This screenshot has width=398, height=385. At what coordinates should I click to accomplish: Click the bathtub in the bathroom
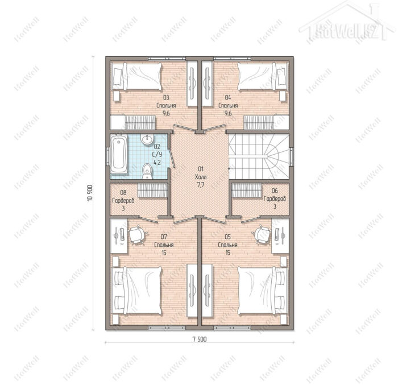[119, 154]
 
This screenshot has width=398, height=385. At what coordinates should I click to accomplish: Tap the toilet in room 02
[147, 171]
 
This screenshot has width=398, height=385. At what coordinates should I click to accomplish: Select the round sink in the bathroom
[147, 139]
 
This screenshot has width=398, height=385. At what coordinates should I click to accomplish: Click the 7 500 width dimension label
[200, 340]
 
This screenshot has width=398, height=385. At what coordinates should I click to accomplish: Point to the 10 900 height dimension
[90, 193]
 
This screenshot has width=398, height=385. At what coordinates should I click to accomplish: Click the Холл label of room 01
[201, 177]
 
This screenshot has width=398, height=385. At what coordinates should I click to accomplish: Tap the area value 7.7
[201, 185]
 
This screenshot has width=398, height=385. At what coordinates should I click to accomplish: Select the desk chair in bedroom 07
[138, 235]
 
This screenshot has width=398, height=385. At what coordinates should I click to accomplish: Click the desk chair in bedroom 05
[263, 235]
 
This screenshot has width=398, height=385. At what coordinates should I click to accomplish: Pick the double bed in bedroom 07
[136, 290]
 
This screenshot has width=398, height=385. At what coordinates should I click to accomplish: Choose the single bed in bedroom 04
[263, 76]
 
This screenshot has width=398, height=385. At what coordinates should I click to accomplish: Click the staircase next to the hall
[259, 156]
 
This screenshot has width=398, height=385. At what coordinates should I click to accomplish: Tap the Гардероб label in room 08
[123, 201]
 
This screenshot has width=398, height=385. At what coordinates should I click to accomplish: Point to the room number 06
[275, 191]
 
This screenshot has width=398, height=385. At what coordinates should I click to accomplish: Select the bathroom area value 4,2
[157, 162]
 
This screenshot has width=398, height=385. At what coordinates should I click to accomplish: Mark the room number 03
[166, 97]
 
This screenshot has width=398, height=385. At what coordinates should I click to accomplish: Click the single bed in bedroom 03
[137, 76]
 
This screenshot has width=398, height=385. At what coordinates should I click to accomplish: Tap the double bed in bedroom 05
[263, 290]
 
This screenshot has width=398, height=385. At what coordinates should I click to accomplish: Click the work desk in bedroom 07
[119, 236]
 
